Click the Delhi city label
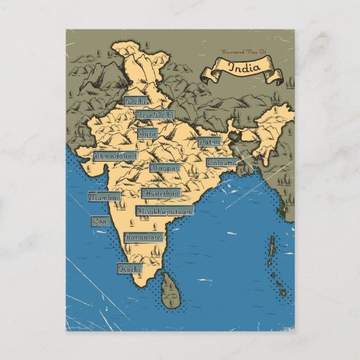(135, 101)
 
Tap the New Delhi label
(154, 115)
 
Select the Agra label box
(147, 133)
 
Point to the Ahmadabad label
(115, 156)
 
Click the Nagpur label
(164, 166)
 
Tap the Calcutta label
(221, 163)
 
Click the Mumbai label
(104, 197)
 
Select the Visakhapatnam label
(165, 211)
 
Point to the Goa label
(100, 221)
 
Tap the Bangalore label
(143, 238)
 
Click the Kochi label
(129, 269)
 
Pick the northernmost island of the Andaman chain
(272, 239)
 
